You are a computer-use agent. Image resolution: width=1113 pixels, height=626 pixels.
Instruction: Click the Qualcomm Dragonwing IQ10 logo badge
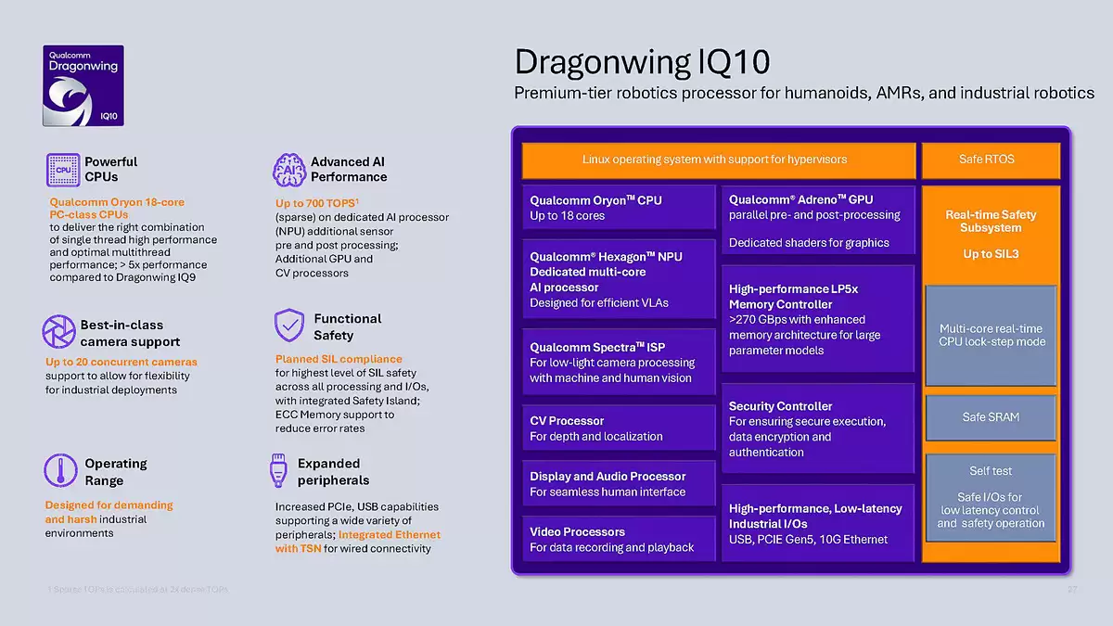(x=83, y=85)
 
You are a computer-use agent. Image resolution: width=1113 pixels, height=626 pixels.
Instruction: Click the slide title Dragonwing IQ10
(x=642, y=62)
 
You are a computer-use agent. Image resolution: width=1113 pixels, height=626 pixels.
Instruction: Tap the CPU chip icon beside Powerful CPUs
(x=63, y=170)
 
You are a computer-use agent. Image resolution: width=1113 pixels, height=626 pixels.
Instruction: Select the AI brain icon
(x=288, y=170)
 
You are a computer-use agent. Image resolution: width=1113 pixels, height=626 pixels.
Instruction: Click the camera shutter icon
(x=59, y=331)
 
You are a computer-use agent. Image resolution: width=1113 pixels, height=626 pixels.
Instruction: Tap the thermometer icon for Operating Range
(x=60, y=471)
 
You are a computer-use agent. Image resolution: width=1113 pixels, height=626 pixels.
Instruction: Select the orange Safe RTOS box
(x=990, y=160)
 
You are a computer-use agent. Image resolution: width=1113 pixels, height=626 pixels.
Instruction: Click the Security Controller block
(x=817, y=428)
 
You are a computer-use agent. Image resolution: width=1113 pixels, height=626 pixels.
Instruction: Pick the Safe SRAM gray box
(x=991, y=417)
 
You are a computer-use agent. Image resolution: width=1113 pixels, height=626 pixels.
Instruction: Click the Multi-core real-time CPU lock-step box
(x=991, y=335)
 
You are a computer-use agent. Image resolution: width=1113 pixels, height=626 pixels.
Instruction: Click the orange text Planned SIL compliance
(x=339, y=359)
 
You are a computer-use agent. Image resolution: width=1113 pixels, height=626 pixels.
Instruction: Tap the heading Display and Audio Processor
(x=608, y=477)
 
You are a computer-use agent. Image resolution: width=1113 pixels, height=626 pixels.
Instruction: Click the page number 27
(x=1072, y=590)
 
